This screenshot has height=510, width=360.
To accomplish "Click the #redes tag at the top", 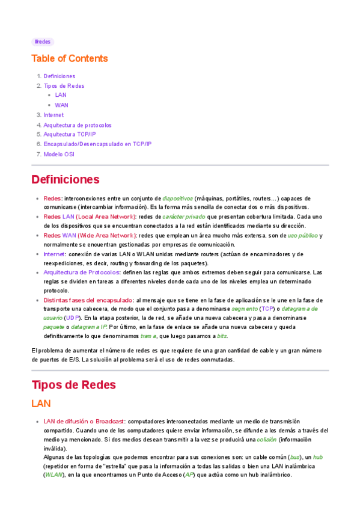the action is point(42,41).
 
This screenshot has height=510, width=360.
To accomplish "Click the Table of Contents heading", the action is point(70,58).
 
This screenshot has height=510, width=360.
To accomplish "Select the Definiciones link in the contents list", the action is point(59,76).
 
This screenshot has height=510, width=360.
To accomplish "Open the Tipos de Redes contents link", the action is point(64,86).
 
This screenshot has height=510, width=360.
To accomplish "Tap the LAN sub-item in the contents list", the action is point(61,95).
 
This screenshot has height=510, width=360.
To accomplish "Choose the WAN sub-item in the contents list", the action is point(61,105).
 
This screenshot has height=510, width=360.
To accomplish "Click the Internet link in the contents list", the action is point(53,115).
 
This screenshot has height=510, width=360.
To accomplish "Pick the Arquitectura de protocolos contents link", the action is point(78,125).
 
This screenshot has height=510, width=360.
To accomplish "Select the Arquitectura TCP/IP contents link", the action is point(70,134).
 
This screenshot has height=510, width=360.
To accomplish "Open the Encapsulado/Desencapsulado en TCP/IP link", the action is point(97,144).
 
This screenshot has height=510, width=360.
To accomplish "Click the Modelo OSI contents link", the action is point(59,154).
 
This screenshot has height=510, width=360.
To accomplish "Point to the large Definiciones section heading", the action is point(65,179).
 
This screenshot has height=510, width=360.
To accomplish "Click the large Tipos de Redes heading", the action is point(73,384).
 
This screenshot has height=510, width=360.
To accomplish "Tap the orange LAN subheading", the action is point(41,404).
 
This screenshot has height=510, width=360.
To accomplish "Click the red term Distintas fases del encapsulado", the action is point(88,300).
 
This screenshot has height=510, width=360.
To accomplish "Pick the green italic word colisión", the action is point(266,439).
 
